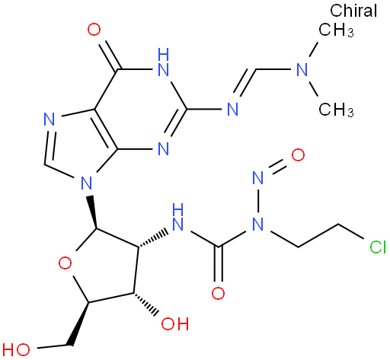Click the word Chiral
[x=353, y=11]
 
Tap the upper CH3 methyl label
[x=336, y=30]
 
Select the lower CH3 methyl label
[x=336, y=110]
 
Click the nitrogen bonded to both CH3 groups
[x=302, y=69]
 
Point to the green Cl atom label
[x=378, y=247]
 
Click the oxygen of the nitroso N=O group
[x=298, y=155]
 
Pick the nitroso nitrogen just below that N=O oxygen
[x=258, y=177]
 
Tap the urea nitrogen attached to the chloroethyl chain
[x=258, y=225]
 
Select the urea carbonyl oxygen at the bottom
[x=218, y=293]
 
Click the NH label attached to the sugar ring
[x=178, y=217]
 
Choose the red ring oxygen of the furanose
[x=65, y=263]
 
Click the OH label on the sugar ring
[x=175, y=323]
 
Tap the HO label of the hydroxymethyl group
[x=16, y=350]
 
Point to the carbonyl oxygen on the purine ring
[x=94, y=30]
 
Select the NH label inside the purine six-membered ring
[x=163, y=62]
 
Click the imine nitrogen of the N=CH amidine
[x=232, y=110]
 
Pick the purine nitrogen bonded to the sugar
[x=86, y=183]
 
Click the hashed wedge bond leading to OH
[x=146, y=304]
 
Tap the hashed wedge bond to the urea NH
[x=153, y=239]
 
